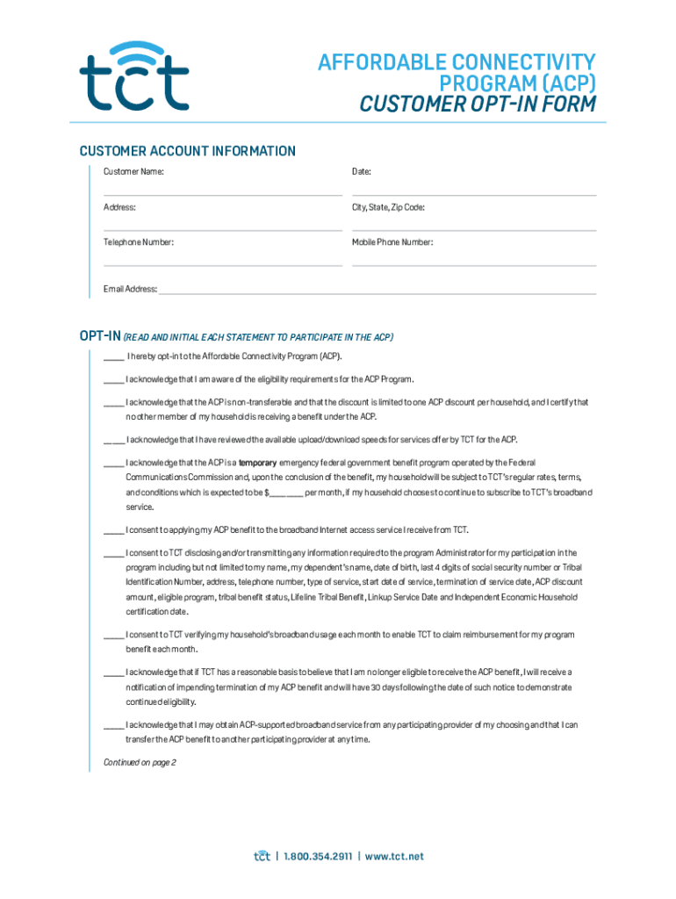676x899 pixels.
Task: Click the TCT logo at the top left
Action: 133,76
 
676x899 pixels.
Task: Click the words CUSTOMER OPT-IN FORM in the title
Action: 478,105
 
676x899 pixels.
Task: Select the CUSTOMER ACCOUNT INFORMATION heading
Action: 187,151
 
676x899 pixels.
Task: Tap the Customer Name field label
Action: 133,172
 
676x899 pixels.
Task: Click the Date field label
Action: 361,172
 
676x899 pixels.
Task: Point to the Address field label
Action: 119,207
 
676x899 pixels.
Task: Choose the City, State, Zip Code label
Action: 388,207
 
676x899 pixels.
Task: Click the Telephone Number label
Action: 139,242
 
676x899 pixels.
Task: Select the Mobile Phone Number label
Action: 392,242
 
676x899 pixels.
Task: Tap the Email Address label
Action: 130,289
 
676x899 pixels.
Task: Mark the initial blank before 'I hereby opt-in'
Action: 112,358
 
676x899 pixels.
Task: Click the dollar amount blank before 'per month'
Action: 285,493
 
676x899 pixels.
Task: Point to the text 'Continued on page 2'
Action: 140,762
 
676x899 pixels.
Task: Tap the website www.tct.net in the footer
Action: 394,856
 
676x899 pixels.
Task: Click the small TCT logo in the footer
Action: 261,855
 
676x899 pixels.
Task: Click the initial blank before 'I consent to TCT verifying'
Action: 112,635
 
